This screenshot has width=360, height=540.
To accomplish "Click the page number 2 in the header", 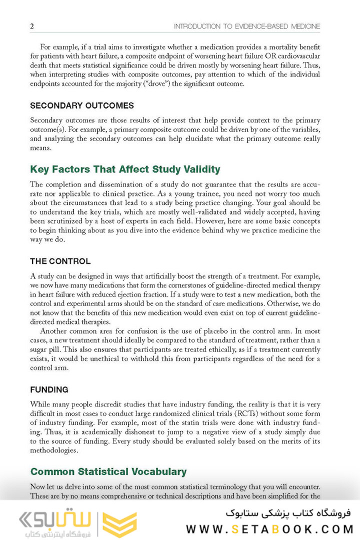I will pyautogui.click(x=32, y=26).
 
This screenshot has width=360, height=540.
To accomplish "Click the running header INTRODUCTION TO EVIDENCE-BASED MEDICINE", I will pyautogui.click(x=247, y=26).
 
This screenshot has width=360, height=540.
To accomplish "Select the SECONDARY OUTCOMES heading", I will pyautogui.click(x=82, y=106).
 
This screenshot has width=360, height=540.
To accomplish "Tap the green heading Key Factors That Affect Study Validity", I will pyautogui.click(x=125, y=169).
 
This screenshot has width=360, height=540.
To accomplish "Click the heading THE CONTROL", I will pyautogui.click(x=60, y=261).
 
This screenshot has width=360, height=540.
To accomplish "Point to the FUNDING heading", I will pyautogui.click(x=49, y=389).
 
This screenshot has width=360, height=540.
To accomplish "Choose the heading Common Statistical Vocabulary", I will pyautogui.click(x=108, y=471).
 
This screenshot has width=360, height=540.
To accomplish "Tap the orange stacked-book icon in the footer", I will pyautogui.click(x=119, y=523).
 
